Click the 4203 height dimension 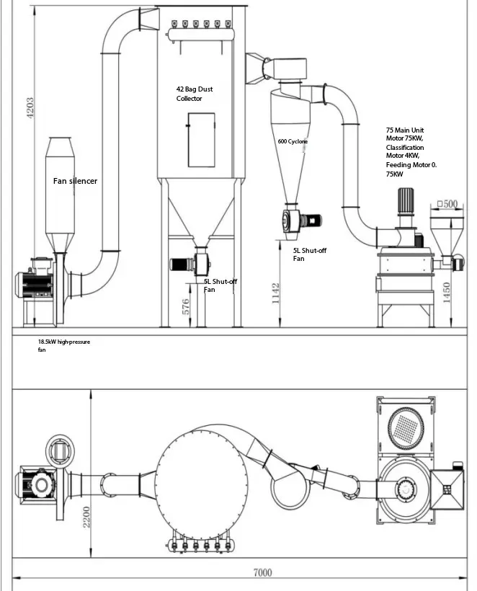pos(30,110)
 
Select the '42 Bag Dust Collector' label pos(195,94)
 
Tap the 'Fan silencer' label pos(75,181)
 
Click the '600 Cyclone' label pos(293,142)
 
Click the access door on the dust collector pos(201,140)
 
